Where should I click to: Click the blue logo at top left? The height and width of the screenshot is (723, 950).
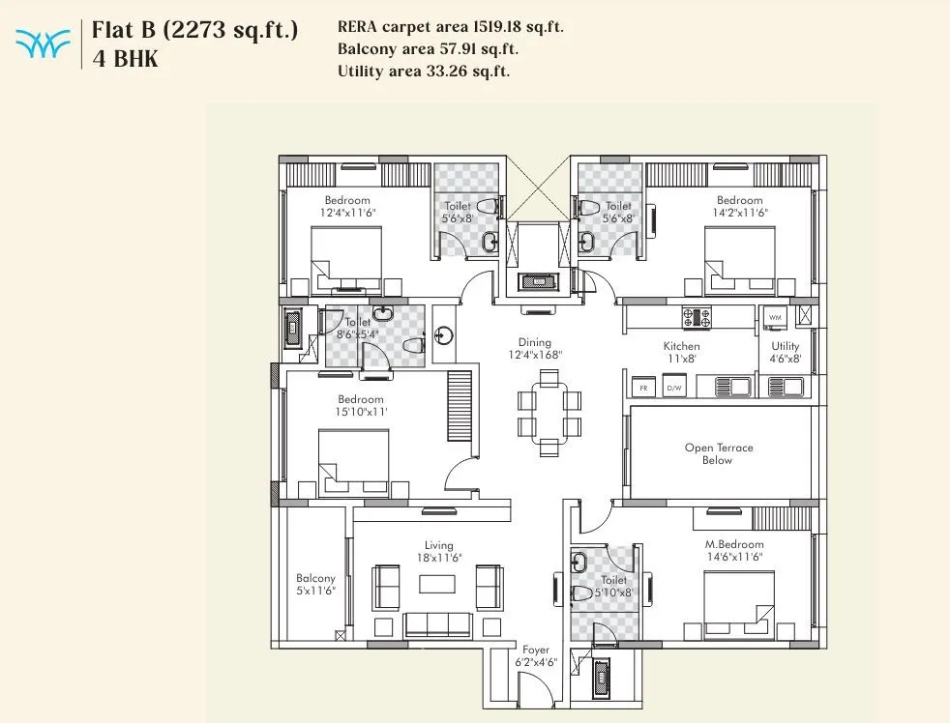(44, 42)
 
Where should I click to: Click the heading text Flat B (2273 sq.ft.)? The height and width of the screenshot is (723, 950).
(194, 29)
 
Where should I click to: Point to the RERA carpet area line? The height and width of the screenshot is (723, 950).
(450, 27)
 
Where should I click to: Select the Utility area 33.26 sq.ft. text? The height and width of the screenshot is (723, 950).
(423, 71)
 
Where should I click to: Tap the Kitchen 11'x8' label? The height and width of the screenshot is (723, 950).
(681, 352)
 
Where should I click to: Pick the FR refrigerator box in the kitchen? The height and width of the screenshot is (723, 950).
(642, 389)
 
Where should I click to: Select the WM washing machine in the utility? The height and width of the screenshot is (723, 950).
(775, 316)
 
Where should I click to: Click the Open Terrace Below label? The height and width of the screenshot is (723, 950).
(718, 453)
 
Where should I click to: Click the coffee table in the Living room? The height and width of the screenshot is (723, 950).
(437, 584)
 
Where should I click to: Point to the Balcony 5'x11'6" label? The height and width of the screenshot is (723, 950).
(315, 584)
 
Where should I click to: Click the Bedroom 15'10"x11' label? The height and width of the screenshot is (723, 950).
(360, 405)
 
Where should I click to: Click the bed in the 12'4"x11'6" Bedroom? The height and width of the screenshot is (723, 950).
(345, 254)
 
